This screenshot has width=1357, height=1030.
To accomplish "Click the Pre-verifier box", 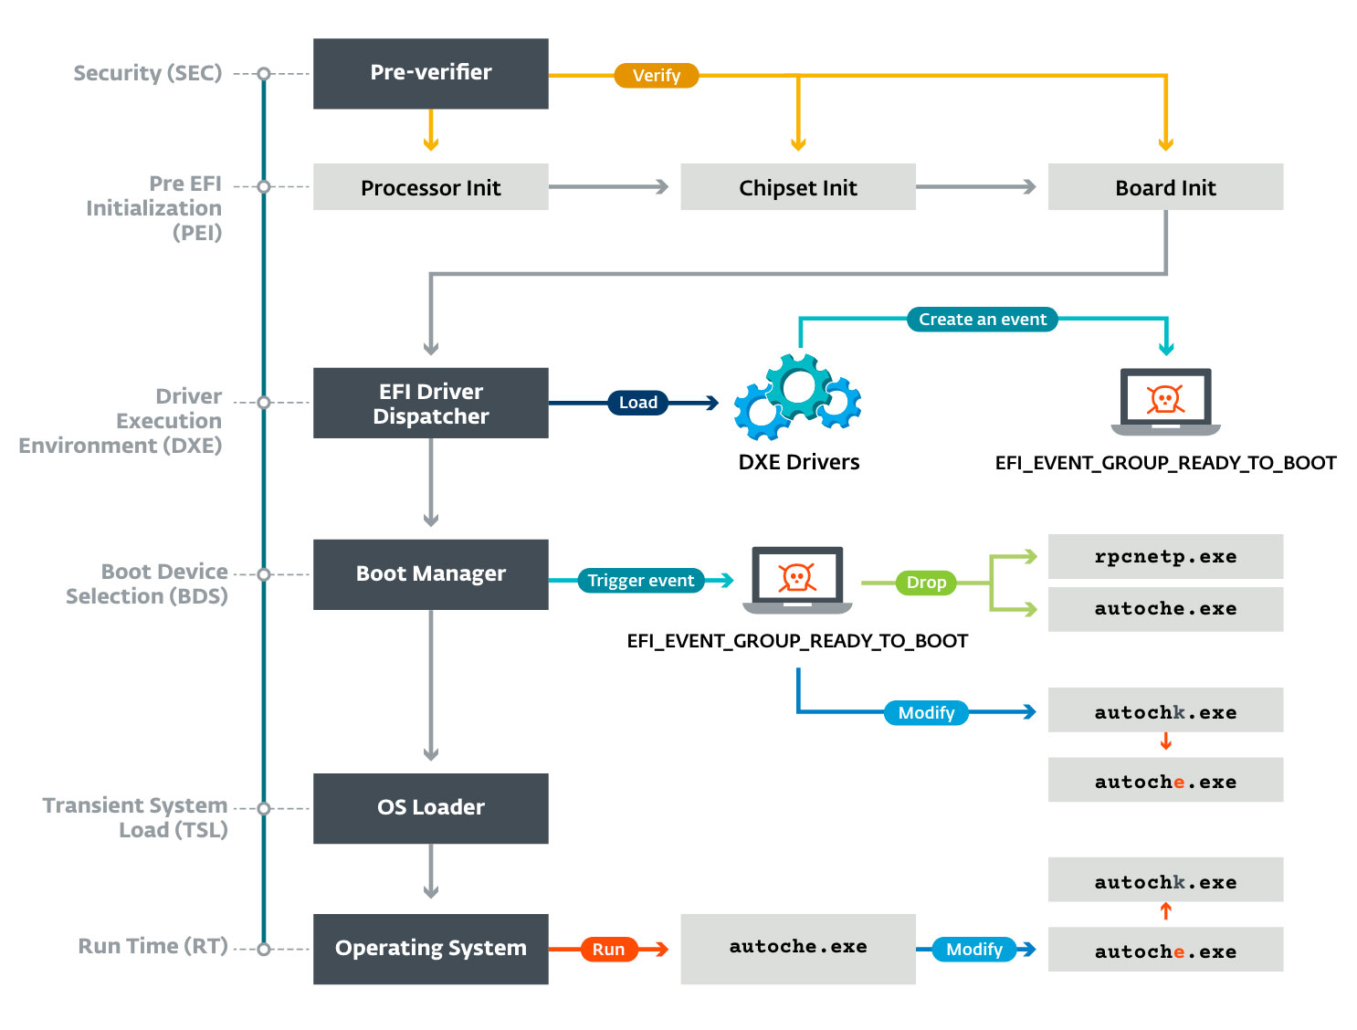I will pyautogui.click(x=430, y=73).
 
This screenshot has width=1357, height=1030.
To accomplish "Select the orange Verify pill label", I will pyautogui.click(x=656, y=75).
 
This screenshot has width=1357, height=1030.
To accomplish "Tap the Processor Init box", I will pyautogui.click(x=430, y=187).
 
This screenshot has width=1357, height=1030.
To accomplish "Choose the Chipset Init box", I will pyautogui.click(x=797, y=187).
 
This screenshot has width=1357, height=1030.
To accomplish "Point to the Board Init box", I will pyautogui.click(x=1165, y=187).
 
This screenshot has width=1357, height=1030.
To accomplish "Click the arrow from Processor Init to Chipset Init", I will pyautogui.click(x=608, y=186).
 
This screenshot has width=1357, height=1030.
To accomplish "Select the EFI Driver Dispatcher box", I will pyautogui.click(x=430, y=403).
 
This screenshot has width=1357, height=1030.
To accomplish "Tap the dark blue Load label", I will pyautogui.click(x=637, y=403).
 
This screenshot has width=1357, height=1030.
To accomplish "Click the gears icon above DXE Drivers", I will pyautogui.click(x=797, y=398).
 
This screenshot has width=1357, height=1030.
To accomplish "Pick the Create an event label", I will pyautogui.click(x=982, y=320).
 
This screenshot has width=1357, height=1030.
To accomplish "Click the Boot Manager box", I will pyautogui.click(x=430, y=573).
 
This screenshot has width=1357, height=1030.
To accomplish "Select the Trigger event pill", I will pyautogui.click(x=640, y=581).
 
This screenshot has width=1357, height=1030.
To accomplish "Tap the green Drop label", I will pyautogui.click(x=926, y=583).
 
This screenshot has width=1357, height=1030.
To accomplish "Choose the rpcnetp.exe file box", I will pyautogui.click(x=1165, y=556).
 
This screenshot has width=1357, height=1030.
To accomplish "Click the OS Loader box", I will pyautogui.click(x=430, y=808).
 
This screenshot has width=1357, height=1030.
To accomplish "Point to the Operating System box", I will pyautogui.click(x=430, y=949).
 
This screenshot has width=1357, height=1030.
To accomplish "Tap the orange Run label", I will pyautogui.click(x=608, y=950).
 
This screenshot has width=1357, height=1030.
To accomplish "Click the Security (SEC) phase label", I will pyautogui.click(x=147, y=73).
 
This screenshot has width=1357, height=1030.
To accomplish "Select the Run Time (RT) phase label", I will pyautogui.click(x=153, y=946).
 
